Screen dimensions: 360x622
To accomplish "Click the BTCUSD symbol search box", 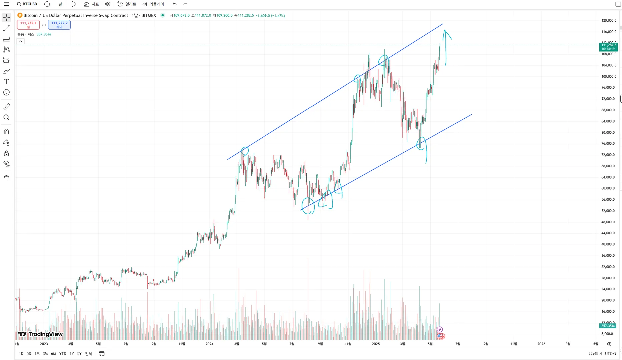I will click(x=28, y=4).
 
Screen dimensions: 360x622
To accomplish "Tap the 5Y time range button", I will click(x=79, y=354).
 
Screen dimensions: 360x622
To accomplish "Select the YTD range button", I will click(x=63, y=354).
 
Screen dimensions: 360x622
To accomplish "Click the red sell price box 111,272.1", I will click(x=28, y=25).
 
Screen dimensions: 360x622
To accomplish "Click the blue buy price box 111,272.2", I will click(x=59, y=25).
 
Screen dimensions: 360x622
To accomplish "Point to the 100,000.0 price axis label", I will click(x=609, y=77).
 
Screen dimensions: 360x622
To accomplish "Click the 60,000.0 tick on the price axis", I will click(x=609, y=188).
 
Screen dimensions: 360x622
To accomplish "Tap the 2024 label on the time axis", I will click(x=209, y=344).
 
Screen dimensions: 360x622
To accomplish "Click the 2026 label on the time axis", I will click(x=541, y=344).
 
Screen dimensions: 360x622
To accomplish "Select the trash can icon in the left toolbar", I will click(x=6, y=178).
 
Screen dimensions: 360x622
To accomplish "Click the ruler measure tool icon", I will click(x=6, y=107).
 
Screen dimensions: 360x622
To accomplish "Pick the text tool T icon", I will click(x=6, y=82).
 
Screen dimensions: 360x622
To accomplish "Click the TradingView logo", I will click(x=40, y=334).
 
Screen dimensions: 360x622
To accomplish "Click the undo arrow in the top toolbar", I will click(x=175, y=4).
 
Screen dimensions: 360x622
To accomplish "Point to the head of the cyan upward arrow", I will click(x=445, y=31).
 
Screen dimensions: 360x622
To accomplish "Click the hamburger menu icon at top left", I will click(x=6, y=4).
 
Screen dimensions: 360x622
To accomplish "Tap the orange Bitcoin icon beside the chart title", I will click(x=20, y=15).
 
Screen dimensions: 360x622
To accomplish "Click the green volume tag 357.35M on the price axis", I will click(x=608, y=326).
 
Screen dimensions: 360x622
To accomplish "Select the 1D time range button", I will click(x=21, y=354).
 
